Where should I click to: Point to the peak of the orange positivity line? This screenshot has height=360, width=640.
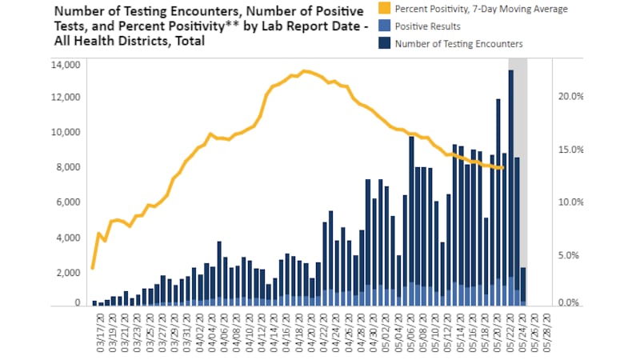[305, 71]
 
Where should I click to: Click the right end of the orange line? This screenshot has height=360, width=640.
[502, 168]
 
